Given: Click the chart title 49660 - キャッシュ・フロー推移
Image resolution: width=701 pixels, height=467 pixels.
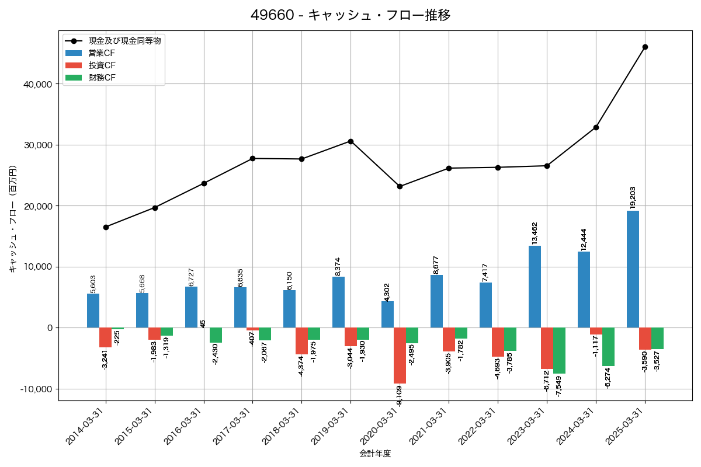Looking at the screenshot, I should (x=350, y=15).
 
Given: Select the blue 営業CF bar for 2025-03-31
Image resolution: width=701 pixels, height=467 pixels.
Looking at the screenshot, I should (x=633, y=269).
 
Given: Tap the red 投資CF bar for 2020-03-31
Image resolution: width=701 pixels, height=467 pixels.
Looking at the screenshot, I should (x=400, y=356).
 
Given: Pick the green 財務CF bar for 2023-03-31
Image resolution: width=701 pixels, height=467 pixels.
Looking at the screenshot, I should (x=559, y=350).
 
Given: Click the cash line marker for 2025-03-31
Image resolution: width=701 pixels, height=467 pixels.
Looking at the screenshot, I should (x=645, y=47).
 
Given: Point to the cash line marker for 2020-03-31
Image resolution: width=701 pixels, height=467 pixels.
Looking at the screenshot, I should (x=400, y=186).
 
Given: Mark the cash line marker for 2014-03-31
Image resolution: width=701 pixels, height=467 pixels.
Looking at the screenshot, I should (x=106, y=227).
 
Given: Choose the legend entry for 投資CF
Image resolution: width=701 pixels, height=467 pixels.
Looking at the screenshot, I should (x=102, y=65).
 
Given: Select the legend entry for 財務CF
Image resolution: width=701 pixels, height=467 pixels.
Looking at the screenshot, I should (x=102, y=78).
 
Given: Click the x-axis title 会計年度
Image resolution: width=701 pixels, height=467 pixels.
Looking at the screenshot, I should (x=374, y=454).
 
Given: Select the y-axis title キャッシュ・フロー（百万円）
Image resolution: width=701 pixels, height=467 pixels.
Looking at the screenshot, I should (x=13, y=219).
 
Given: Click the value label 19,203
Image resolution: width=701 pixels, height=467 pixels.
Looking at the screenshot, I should (x=633, y=197).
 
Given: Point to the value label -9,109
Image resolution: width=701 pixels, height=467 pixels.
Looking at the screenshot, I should (x=400, y=395).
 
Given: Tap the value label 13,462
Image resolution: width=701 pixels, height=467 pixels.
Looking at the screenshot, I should (x=535, y=233).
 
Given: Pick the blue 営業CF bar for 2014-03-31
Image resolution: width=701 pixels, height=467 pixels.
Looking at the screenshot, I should (x=93, y=311).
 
